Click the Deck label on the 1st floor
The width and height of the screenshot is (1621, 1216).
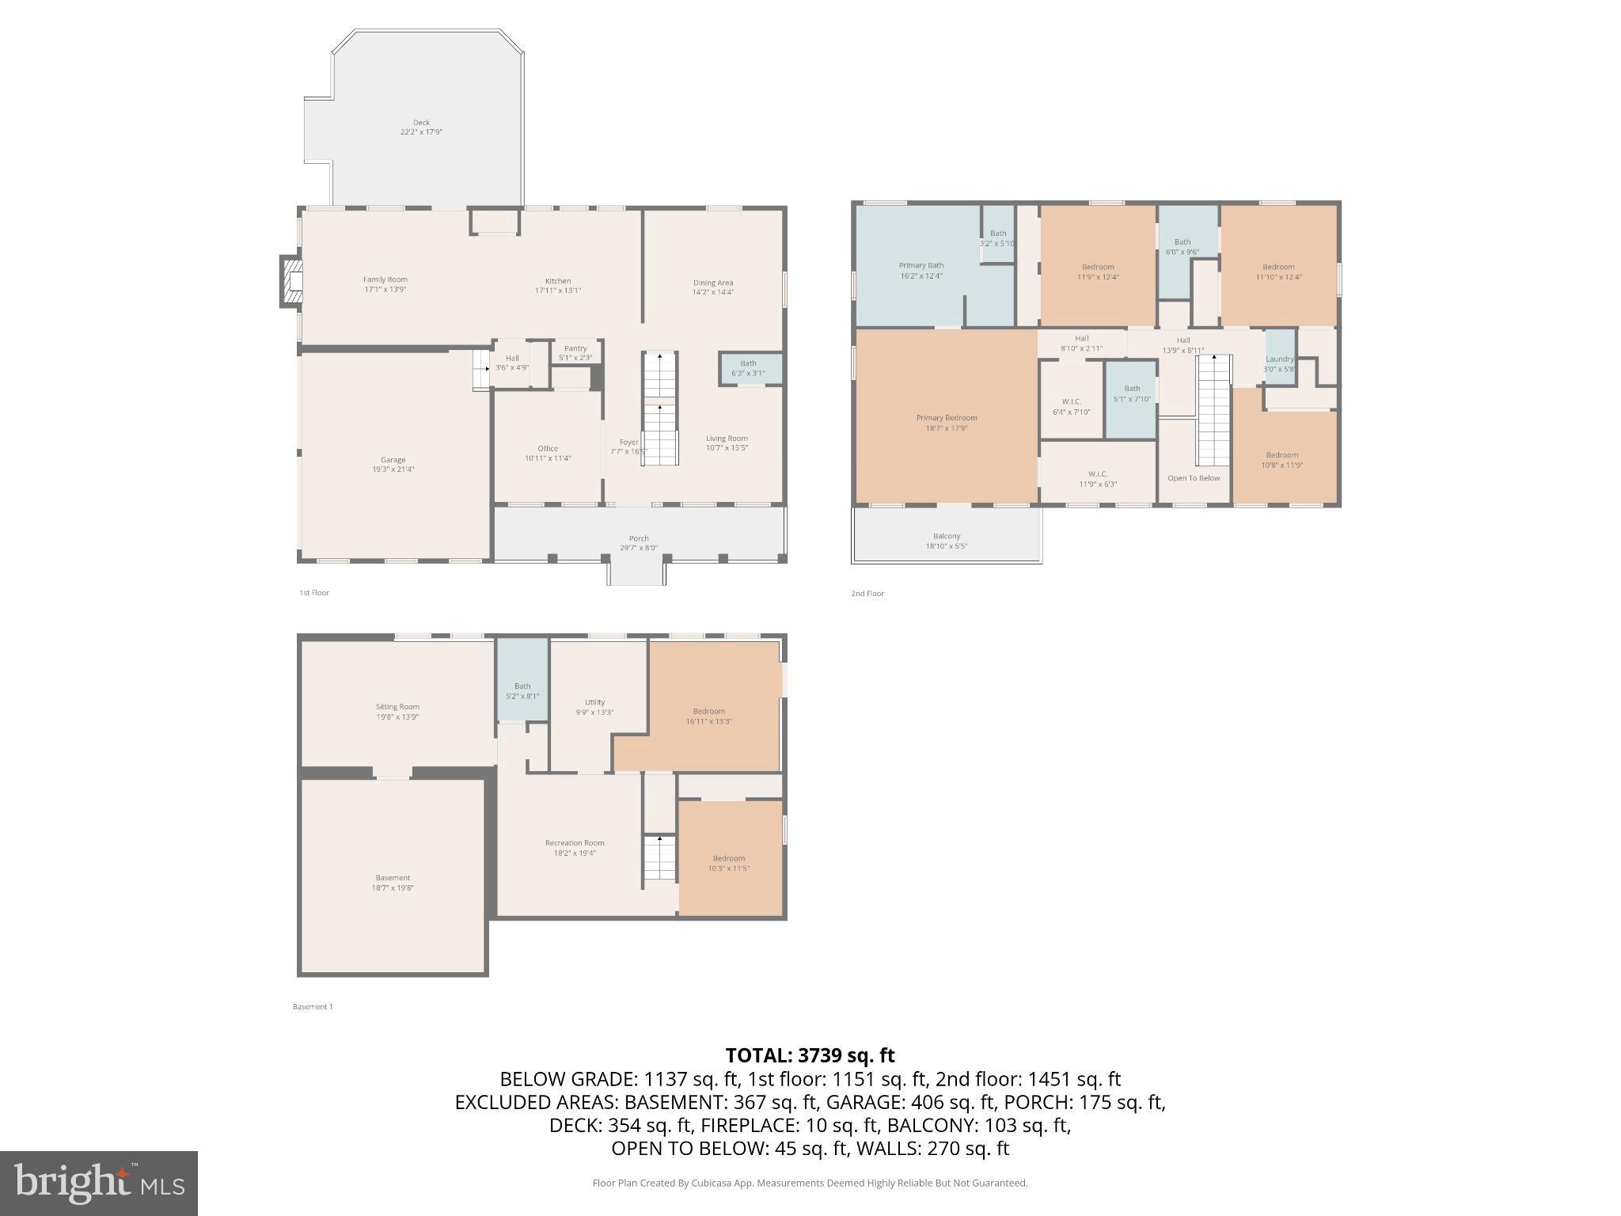click(421, 123)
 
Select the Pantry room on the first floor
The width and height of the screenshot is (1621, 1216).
click(575, 352)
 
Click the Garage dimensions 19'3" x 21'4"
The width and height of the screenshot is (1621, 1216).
click(393, 469)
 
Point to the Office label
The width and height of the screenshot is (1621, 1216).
click(548, 448)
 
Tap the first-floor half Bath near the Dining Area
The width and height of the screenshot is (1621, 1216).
click(749, 368)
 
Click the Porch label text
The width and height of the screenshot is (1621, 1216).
click(639, 538)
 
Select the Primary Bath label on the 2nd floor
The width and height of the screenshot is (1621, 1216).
click(921, 265)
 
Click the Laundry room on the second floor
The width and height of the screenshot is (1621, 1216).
click(1279, 363)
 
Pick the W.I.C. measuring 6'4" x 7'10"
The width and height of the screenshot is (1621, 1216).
click(1071, 407)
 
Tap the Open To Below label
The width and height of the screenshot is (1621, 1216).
click(1194, 478)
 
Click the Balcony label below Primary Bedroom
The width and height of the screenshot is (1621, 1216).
click(947, 536)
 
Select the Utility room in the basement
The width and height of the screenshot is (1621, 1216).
click(595, 707)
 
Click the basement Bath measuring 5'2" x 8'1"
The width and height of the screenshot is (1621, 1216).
click(522, 691)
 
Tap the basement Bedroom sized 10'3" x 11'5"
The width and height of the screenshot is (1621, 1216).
click(729, 863)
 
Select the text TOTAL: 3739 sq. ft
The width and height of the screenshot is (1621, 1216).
click(810, 1055)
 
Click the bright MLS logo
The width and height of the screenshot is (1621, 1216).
click(99, 1183)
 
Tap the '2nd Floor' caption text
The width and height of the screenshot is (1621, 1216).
click(867, 594)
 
